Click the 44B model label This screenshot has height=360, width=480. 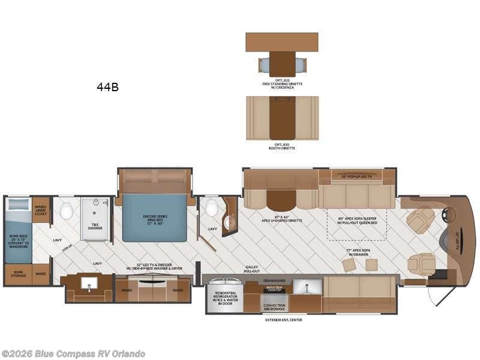(x=107, y=87)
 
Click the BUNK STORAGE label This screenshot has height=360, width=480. (x=18, y=274)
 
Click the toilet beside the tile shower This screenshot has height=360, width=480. (x=67, y=211)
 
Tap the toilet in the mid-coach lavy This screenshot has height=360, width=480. (x=211, y=208)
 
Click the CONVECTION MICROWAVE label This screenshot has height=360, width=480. (x=274, y=307)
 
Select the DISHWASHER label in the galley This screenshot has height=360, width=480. (x=275, y=280)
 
